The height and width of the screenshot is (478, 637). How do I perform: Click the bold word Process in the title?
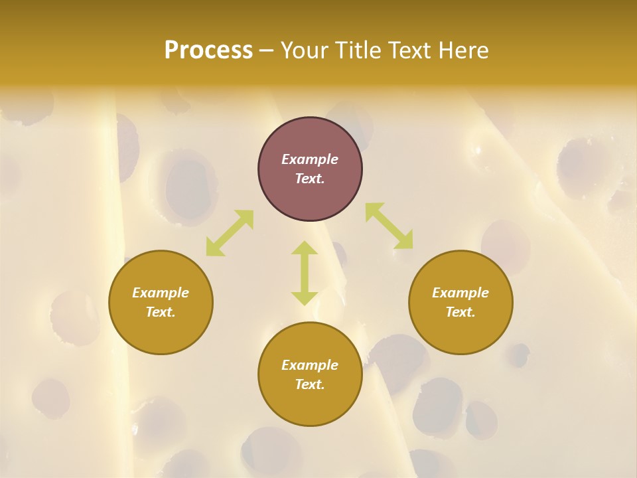coord(208,50)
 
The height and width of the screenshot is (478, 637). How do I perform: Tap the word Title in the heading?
coord(360,50)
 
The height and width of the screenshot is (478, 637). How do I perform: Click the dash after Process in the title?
coord(266,51)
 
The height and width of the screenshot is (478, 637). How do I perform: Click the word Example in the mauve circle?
coord(310,159)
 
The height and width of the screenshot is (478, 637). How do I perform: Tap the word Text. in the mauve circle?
coord(310,179)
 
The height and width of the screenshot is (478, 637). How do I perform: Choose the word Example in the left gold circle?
coord(161,293)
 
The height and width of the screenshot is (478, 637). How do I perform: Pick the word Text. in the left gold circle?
coord(161,312)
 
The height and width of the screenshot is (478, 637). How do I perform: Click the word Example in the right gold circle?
coord(460,293)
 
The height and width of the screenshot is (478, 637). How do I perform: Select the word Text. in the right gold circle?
coord(460,312)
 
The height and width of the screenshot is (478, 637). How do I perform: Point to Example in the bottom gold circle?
coord(310,365)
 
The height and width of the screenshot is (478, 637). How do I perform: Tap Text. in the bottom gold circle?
coord(310,384)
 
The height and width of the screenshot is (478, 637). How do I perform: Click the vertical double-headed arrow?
coord(305,273)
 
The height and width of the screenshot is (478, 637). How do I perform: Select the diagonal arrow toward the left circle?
coord(230,233)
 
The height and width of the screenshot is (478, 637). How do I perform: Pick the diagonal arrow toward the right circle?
coord(389,226)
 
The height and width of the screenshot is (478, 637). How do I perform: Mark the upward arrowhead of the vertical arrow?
coord(305,248)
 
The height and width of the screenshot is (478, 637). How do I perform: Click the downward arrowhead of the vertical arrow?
coord(305,298)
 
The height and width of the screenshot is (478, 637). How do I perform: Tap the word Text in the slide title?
coord(413,50)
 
